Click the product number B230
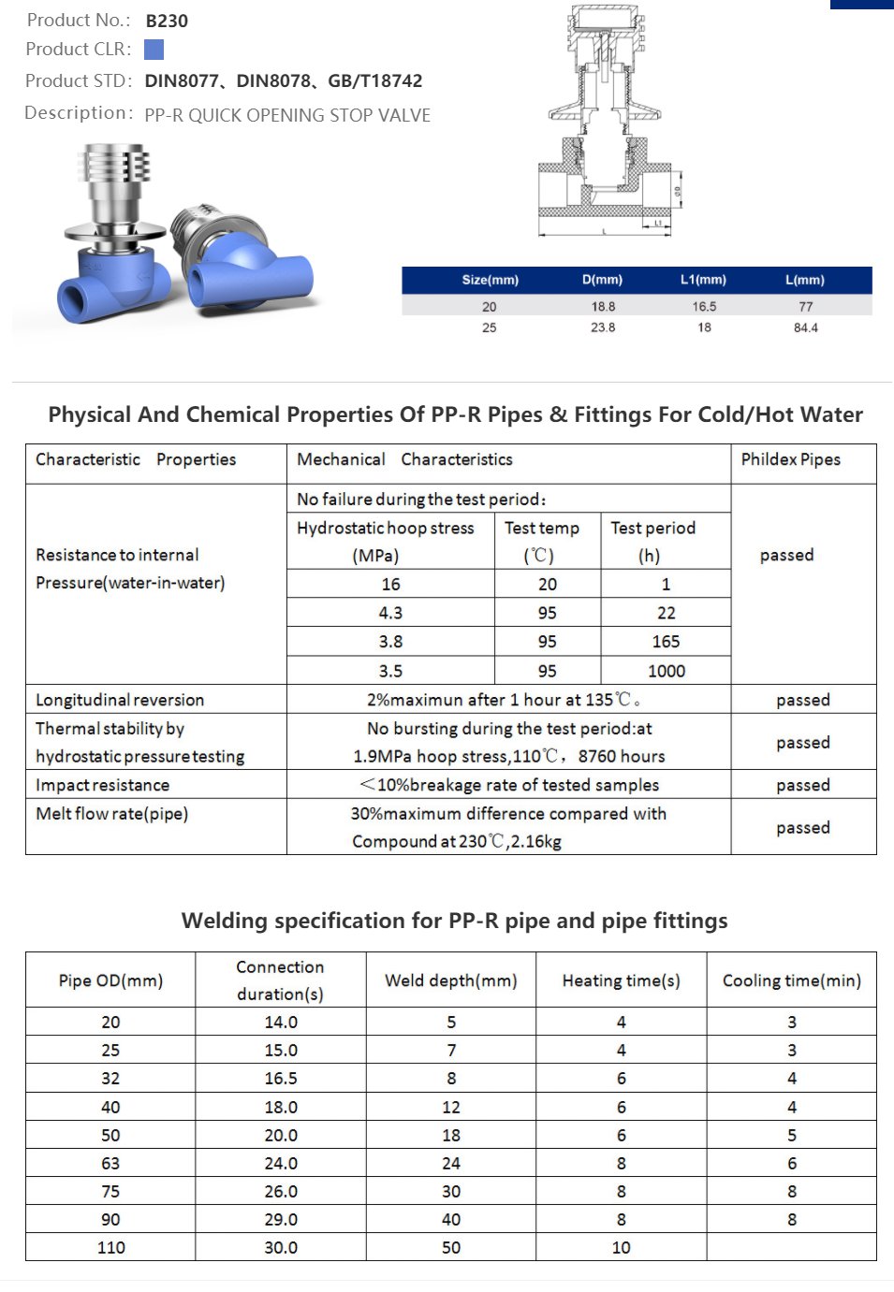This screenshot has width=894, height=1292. point(167,21)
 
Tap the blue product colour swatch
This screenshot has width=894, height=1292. point(154,50)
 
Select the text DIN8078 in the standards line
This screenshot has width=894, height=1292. point(272,81)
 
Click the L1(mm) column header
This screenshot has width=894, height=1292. point(703,280)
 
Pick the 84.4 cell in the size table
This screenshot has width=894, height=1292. point(805,328)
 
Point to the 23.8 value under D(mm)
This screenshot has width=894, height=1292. point(603,328)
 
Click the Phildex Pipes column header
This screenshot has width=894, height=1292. point(790,459)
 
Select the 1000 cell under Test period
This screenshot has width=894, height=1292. point(666,671)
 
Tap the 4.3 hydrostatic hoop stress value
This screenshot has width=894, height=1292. point(390,613)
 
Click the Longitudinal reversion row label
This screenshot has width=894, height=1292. point(120,700)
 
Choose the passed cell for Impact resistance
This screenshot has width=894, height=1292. point(802,785)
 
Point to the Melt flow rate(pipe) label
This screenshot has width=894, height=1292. point(112,814)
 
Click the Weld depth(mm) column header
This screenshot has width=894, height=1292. point(450,980)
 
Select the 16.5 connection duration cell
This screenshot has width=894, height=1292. point(280,1079)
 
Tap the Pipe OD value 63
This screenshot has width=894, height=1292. point(110,1164)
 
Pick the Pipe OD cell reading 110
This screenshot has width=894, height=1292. point(110,1248)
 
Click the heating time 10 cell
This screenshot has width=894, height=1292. point(621,1248)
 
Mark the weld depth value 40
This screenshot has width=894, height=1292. point(450,1220)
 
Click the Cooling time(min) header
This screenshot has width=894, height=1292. point(791,980)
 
